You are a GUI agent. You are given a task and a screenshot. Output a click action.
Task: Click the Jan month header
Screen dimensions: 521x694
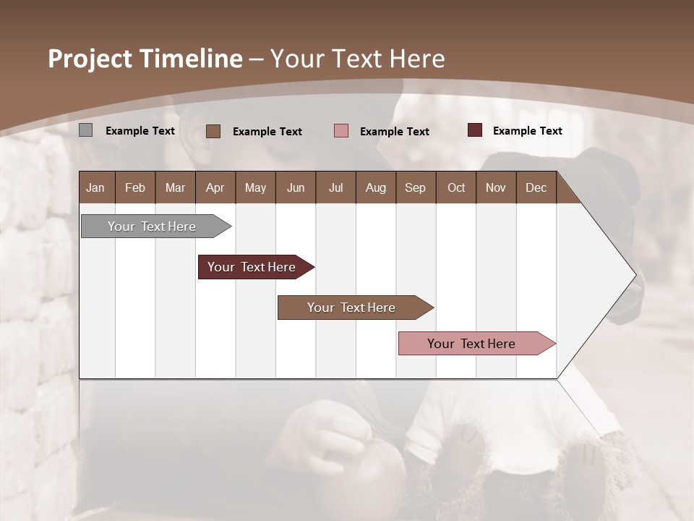coord(96,187)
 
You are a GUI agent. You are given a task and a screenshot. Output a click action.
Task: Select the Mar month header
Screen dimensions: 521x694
coord(175,187)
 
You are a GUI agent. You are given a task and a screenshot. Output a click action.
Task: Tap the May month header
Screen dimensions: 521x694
coord(255,187)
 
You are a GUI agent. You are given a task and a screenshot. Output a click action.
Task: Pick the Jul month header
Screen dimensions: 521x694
coord(335,187)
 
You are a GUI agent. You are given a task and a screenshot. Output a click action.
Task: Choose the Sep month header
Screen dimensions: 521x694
coord(415,187)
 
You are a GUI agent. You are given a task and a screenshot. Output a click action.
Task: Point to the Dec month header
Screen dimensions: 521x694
coord(536,187)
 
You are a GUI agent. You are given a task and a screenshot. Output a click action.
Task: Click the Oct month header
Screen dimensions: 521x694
coord(456,187)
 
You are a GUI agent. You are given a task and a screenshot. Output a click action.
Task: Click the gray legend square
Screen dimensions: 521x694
coord(86,130)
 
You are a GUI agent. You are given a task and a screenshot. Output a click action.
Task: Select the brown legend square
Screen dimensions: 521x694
coord(213,131)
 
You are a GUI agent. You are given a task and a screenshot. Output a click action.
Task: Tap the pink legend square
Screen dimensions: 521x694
coord(341,131)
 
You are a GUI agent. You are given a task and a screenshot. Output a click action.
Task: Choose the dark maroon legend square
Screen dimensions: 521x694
coord(475,130)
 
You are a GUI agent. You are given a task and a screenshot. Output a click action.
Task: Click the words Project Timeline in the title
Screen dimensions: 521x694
coord(145,59)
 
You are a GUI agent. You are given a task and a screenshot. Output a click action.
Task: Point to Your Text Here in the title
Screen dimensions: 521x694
coord(357,59)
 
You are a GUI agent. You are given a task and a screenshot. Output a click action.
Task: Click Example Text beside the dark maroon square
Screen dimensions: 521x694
coord(527,130)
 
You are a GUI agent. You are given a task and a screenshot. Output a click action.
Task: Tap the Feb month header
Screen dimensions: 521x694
coord(135,187)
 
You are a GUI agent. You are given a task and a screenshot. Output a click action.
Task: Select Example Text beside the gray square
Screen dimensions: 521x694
coord(140,130)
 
